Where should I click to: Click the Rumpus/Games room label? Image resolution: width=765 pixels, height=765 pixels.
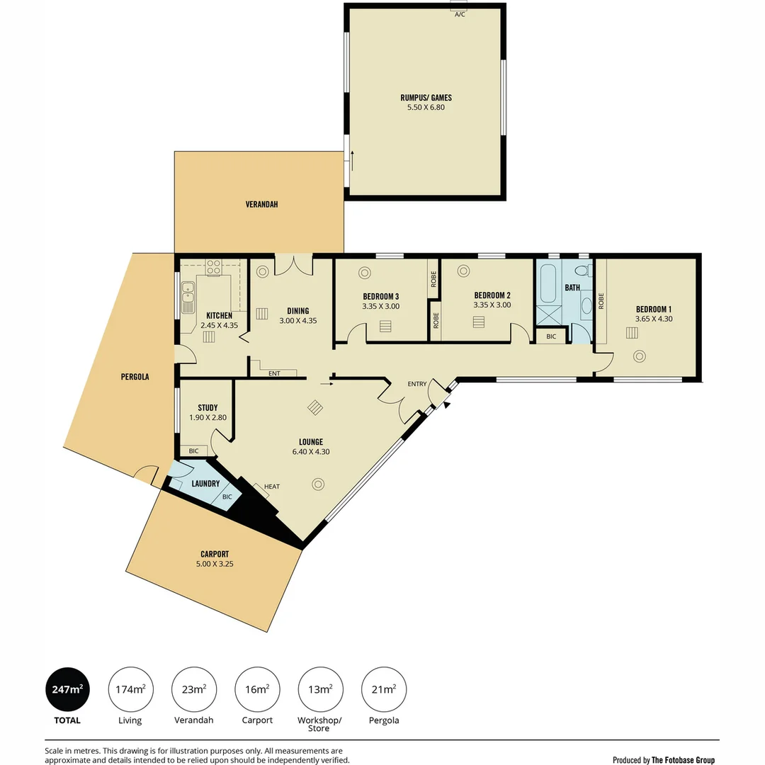click(x=426, y=98)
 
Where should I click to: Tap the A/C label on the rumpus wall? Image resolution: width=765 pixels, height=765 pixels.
click(x=460, y=15)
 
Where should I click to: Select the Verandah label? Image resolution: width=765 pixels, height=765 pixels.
click(x=261, y=205)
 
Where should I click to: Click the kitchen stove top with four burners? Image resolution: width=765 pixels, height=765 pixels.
click(x=214, y=267)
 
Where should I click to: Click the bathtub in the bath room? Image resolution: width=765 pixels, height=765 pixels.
click(x=548, y=283)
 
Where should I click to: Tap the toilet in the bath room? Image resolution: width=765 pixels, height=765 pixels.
click(x=583, y=271)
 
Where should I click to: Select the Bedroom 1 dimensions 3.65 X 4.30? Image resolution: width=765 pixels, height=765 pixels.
click(x=653, y=319)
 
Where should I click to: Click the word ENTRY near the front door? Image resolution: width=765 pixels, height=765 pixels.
click(x=417, y=384)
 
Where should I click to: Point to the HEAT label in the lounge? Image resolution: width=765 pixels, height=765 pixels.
click(x=272, y=487)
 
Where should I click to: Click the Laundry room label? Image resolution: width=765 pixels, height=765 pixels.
click(x=205, y=484)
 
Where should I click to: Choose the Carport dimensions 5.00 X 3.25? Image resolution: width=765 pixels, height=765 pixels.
click(x=215, y=564)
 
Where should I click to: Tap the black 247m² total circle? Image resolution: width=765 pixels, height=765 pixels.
click(x=67, y=689)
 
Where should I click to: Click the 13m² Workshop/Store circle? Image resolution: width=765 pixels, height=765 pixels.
click(x=320, y=689)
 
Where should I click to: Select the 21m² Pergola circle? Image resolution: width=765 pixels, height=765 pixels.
click(x=383, y=689)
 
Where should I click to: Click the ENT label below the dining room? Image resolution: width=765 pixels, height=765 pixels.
click(x=274, y=374)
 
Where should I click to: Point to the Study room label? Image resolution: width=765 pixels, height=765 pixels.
click(x=208, y=408)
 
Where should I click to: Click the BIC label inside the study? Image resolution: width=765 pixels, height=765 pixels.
click(x=193, y=450)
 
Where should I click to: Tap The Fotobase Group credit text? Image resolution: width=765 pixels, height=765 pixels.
click(x=683, y=759)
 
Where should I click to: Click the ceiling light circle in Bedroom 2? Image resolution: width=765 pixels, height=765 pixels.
click(x=463, y=271)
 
